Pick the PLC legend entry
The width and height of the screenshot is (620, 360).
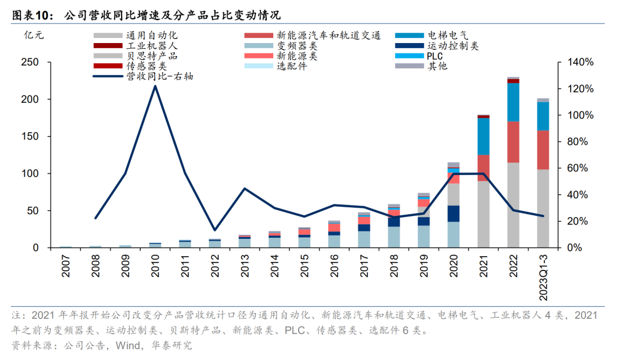(434, 56)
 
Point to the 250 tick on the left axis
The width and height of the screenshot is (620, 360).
(30, 62)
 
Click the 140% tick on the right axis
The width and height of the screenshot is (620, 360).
(580, 62)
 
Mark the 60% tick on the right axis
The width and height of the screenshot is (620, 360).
(578, 168)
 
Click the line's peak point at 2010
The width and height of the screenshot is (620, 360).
(155, 86)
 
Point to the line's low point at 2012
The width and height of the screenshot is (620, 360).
(214, 230)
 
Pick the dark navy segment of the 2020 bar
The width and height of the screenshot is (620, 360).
(454, 214)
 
